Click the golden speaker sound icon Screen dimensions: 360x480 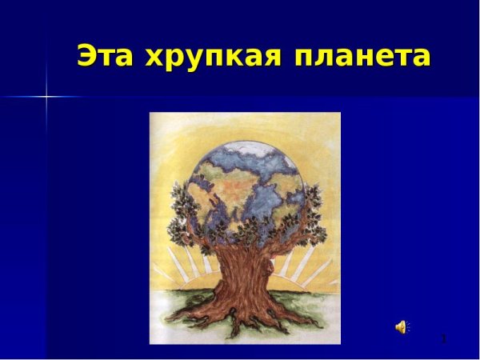click(x=402, y=326)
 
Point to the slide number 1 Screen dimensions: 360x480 click(x=443, y=339)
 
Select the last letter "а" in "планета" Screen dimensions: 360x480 click(x=419, y=58)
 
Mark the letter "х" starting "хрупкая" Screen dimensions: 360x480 click(x=154, y=58)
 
